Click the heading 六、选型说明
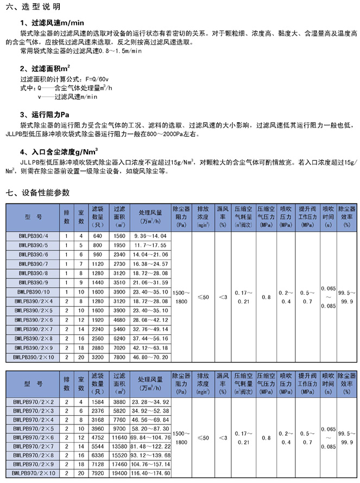[31, 8]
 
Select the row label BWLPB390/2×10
[33, 358]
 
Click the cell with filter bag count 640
[98, 236]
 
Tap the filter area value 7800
[119, 358]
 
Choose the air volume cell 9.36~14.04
[150, 236]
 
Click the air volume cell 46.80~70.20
[150, 358]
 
